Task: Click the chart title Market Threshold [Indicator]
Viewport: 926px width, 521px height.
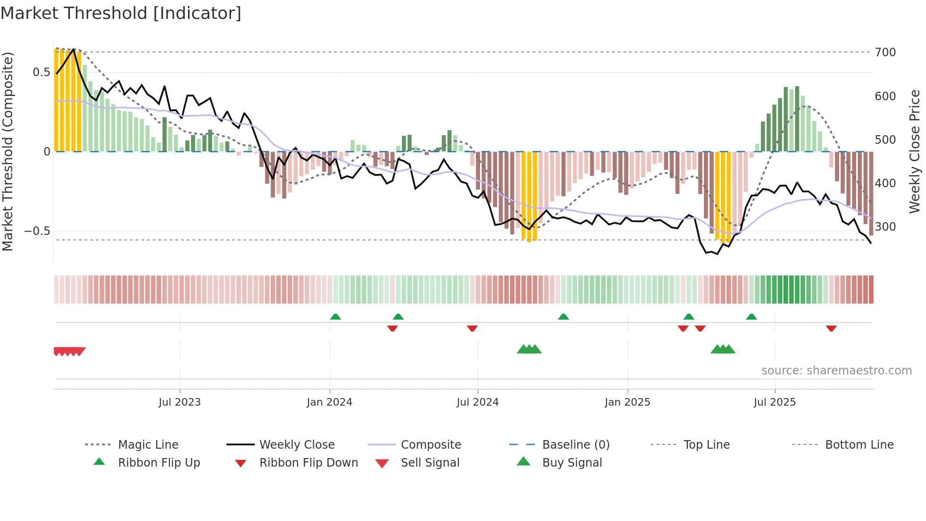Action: point(121,13)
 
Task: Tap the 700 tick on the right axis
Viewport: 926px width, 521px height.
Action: point(885,52)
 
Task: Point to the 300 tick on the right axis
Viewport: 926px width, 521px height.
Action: point(885,227)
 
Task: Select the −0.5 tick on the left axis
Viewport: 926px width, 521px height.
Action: point(37,231)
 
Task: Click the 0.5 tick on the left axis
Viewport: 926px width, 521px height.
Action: point(41,72)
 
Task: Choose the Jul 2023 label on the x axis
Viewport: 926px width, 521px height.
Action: point(180,402)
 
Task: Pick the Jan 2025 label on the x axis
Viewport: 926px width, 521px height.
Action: point(627,402)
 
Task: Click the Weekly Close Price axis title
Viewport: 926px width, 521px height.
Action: point(915,151)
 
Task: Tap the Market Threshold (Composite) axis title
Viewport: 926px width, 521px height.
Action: point(8,151)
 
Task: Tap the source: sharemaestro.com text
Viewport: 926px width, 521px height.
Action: point(836,371)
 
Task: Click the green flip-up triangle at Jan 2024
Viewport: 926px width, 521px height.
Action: point(335,317)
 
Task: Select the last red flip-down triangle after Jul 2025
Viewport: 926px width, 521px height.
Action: point(831,328)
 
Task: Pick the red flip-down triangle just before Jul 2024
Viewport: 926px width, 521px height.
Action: point(472,328)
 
